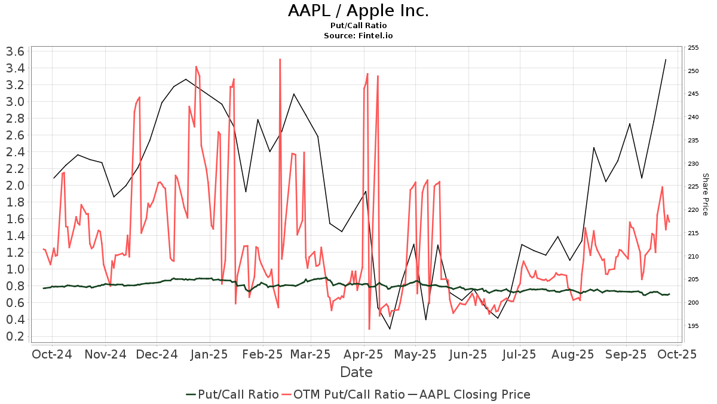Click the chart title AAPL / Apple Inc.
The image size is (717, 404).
pyautogui.click(x=358, y=11)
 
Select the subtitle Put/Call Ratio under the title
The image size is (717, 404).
pyautogui.click(x=358, y=25)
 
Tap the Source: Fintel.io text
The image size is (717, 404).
pyautogui.click(x=358, y=35)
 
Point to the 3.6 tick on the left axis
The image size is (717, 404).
pyautogui.click(x=14, y=51)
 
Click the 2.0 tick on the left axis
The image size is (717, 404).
pyautogui.click(x=14, y=186)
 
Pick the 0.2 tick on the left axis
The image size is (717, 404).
pyautogui.click(x=14, y=336)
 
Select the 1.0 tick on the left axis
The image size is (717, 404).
pyautogui.click(x=14, y=269)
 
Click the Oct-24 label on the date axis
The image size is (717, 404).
pyautogui.click(x=52, y=354)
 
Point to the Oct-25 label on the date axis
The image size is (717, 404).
pyautogui.click(x=677, y=354)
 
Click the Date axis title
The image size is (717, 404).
pyautogui.click(x=356, y=372)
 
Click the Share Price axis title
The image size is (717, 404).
pyautogui.click(x=705, y=195)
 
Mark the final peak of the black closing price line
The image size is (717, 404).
pyautogui.click(x=666, y=59)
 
